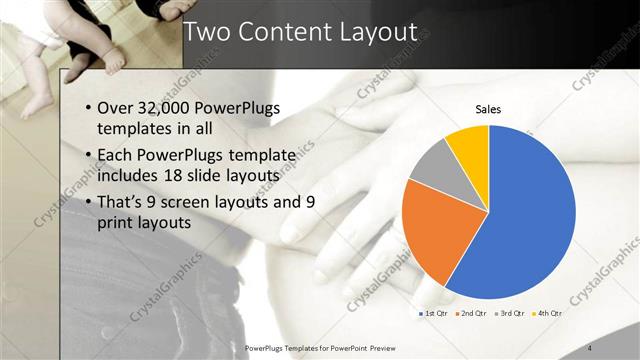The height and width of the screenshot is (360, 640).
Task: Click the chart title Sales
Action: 487,109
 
